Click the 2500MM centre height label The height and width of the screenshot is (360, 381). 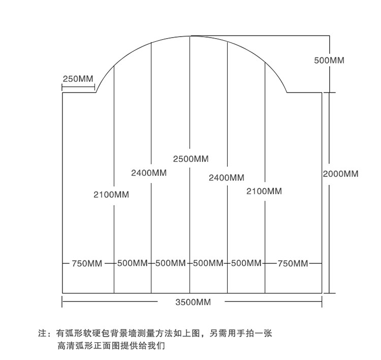pos(190,159)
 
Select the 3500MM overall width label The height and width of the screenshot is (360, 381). pos(193,302)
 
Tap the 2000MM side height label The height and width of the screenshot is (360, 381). pos(340,174)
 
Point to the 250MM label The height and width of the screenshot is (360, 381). pos(78,79)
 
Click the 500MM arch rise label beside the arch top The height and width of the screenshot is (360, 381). pos(329,60)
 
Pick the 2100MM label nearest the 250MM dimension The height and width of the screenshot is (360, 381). pos(111,194)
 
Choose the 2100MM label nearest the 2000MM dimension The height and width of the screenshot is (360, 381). pos(264,191)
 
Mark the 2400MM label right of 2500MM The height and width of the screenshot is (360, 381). pos(227,178)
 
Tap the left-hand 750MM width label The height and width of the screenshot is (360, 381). pos(87,263)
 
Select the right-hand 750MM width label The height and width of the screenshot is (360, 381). pos(293,263)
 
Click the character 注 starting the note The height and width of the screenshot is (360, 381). pos(43,334)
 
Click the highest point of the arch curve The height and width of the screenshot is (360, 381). pos(190,36)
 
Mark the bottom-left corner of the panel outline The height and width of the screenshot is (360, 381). pos(62,293)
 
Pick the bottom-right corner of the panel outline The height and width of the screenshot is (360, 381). pos(322,293)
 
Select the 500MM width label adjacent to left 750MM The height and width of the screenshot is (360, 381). pos(132,263)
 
